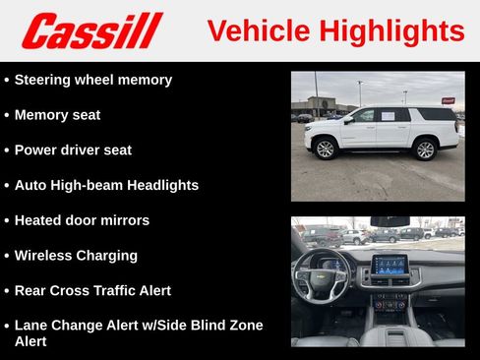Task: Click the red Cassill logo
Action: pyautogui.click(x=91, y=30)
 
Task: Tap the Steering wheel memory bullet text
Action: pyautogui.click(x=92, y=80)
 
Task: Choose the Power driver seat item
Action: pyautogui.click(x=73, y=150)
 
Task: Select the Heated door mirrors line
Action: pyautogui.click(x=82, y=220)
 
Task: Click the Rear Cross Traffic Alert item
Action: pyautogui.click(x=92, y=291)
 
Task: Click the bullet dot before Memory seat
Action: pyautogui.click(x=7, y=116)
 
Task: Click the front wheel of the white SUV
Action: pyautogui.click(x=325, y=150)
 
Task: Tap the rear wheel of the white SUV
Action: pyautogui.click(x=425, y=150)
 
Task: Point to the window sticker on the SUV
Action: pyautogui.click(x=389, y=116)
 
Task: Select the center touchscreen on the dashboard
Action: pyautogui.click(x=389, y=265)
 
